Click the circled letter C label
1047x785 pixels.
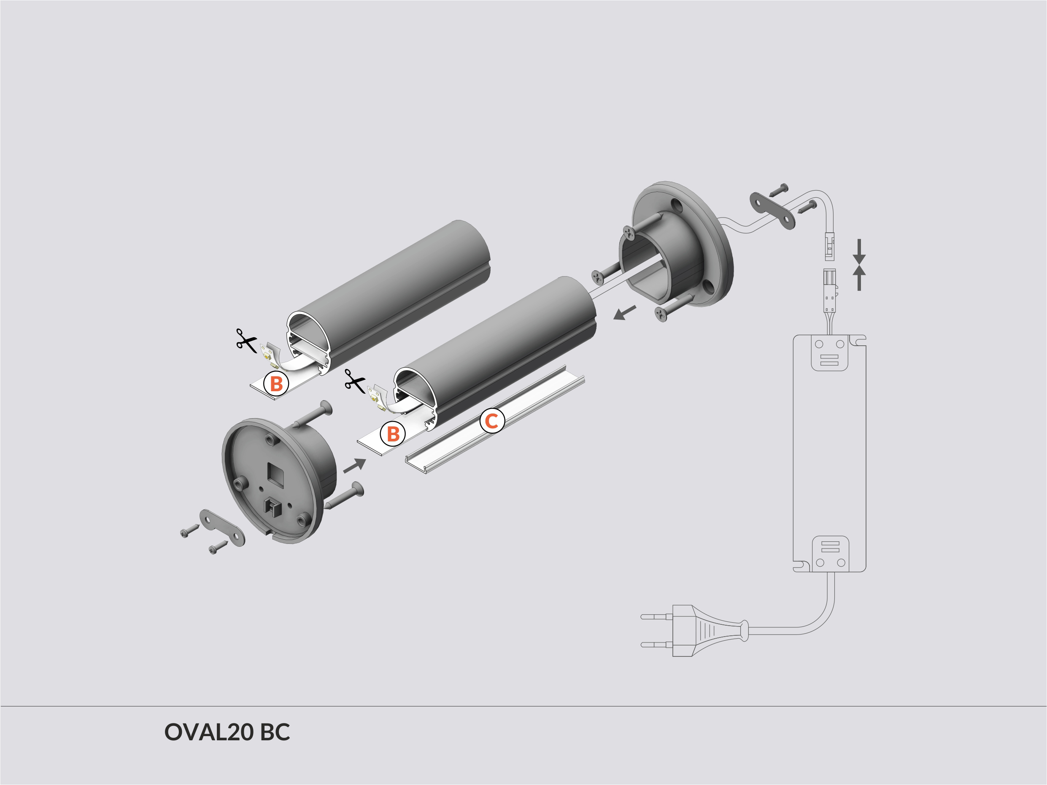coord(492,421)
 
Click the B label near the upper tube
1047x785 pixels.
coord(276,384)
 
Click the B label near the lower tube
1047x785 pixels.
coord(393,433)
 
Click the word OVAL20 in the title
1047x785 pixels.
coord(209,732)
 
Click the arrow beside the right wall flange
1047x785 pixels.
coord(624,313)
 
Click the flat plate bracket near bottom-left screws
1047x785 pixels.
coord(222,527)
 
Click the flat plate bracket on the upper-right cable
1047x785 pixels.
coord(772,210)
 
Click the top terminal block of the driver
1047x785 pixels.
coord(829,353)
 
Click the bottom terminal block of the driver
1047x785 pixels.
coord(830,554)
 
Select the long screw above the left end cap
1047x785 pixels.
coord(313,414)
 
